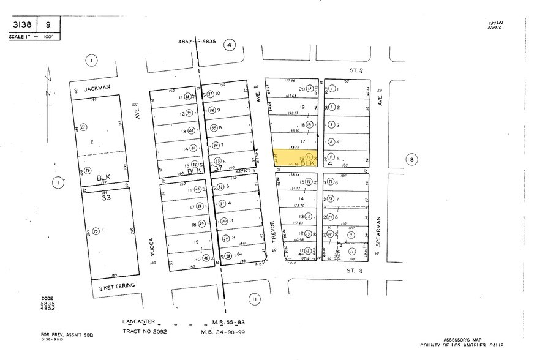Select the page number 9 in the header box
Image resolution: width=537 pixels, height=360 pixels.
(47, 25)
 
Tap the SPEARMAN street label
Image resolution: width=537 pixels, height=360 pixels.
(379, 230)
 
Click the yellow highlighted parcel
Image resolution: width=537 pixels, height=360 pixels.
(296, 159)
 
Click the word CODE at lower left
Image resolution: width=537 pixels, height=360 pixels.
(47, 299)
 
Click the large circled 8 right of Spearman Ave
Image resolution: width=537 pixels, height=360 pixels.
(411, 160)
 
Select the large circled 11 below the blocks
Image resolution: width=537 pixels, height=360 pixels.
(253, 299)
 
